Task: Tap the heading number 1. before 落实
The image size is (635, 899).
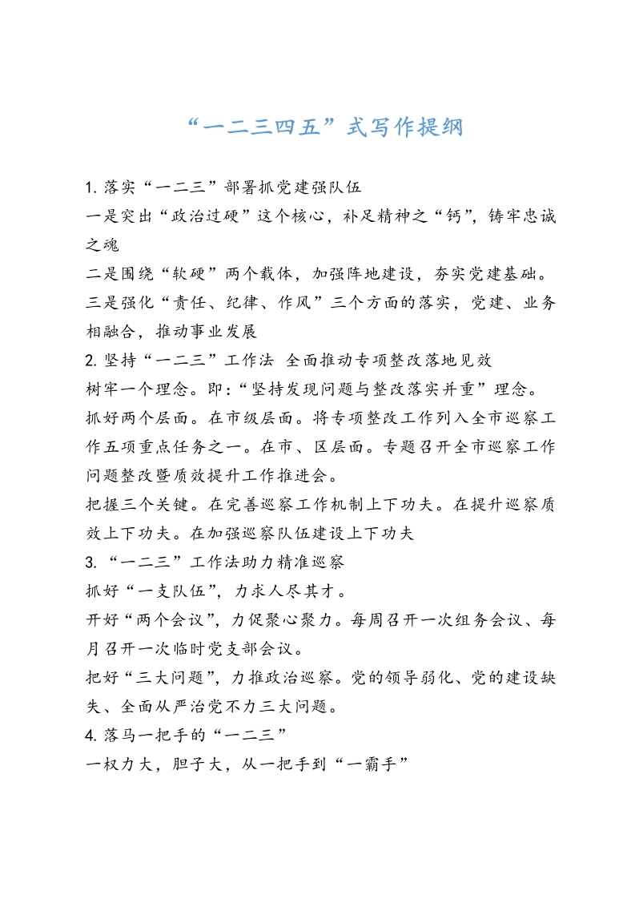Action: (90, 188)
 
